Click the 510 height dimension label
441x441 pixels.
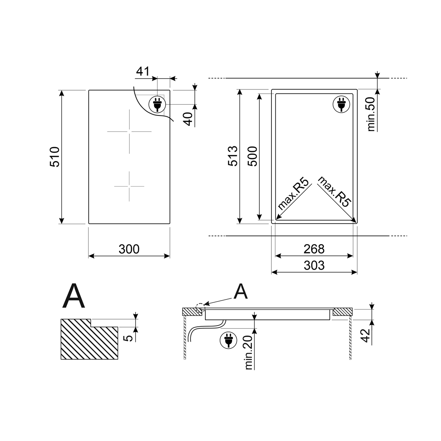pyautogui.click(x=55, y=157)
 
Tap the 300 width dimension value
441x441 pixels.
pyautogui.click(x=129, y=249)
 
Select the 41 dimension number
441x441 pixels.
pyautogui.click(x=143, y=71)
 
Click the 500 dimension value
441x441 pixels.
pyautogui.click(x=252, y=156)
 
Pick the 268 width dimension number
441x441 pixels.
pyautogui.click(x=314, y=249)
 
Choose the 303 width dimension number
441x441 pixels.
pyautogui.click(x=314, y=265)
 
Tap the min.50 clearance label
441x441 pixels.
pyautogui.click(x=371, y=114)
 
